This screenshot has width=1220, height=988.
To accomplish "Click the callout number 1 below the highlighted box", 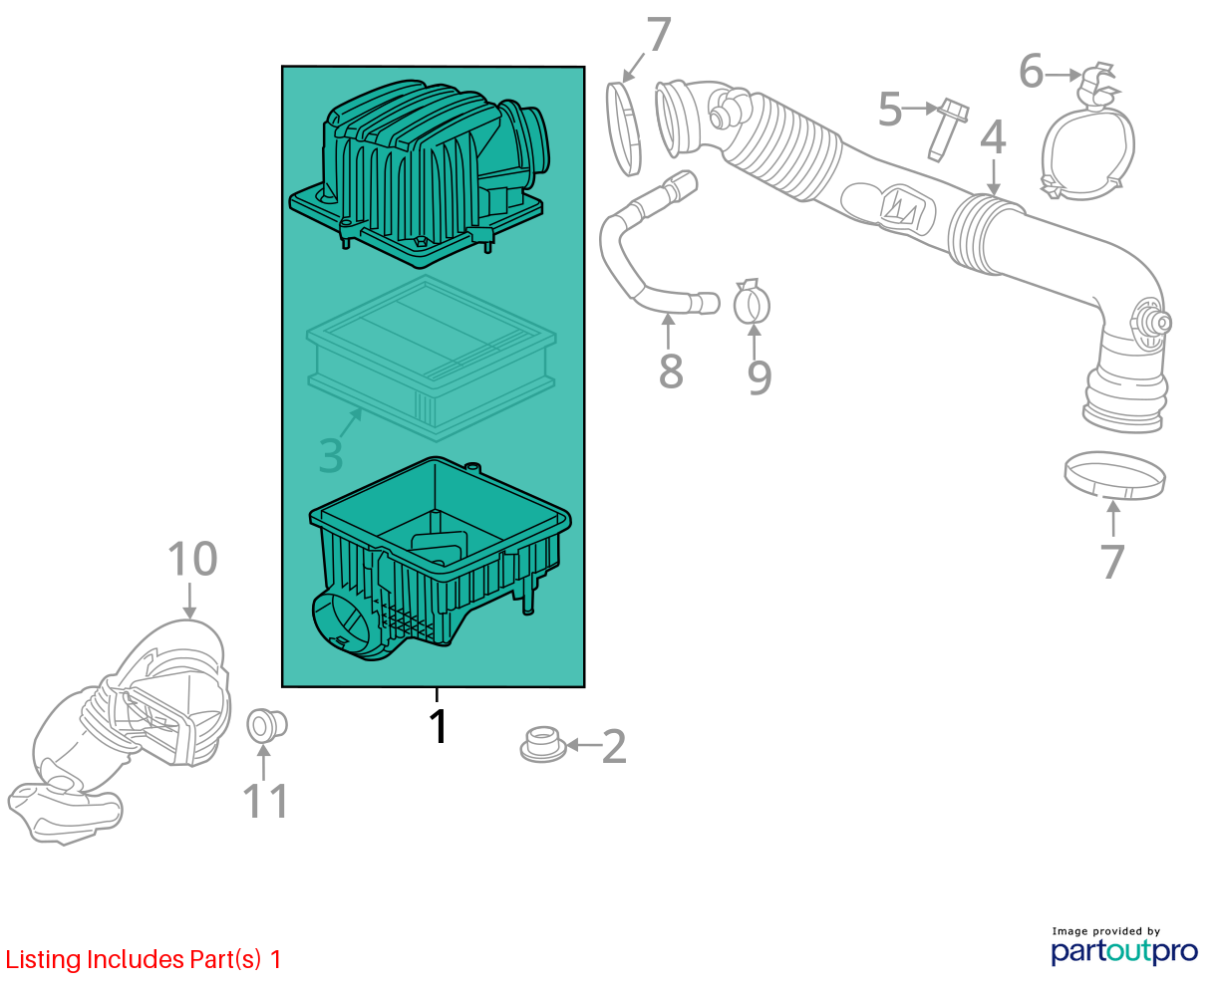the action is pos(439,726).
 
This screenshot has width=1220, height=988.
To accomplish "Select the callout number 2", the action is pos(614,746).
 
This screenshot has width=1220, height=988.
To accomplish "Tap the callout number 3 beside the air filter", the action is pos(331,455).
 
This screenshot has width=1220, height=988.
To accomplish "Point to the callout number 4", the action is pos(993,137).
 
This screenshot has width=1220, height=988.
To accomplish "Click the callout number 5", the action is pos(890,109).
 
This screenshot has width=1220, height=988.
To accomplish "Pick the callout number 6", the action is pos(1031,71).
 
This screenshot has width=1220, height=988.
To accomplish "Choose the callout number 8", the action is pos(671,370).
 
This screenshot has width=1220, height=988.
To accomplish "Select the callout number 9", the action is pos(760,376).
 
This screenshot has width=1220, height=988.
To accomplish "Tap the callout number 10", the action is pos(192,559).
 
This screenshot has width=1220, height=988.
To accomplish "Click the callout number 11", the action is pos(265,802).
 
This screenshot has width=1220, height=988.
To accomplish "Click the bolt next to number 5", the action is pos(947,130).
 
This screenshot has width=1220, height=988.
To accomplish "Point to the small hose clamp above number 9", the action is pos(752,302).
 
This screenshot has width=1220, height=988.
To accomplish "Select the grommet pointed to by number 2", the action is pos(542,744).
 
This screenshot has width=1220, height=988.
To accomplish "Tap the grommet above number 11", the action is pos(266,725).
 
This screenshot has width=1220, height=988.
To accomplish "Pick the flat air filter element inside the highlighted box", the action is pos(431,358).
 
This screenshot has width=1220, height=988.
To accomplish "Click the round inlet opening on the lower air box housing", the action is pos(341,625).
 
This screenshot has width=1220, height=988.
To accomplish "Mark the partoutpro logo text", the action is pos(1124,951).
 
